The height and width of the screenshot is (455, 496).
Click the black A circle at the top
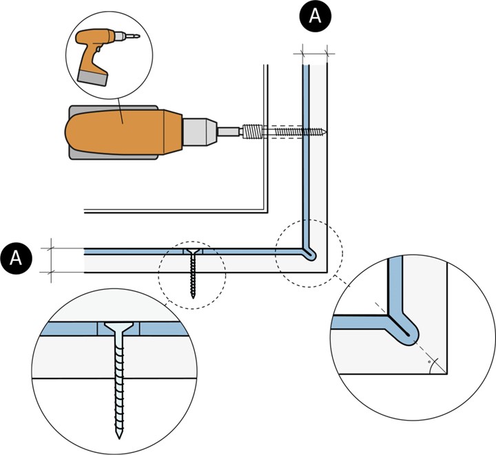(x=315, y=16)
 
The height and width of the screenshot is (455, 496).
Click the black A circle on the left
(x=17, y=258)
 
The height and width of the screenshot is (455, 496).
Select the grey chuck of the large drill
(x=200, y=131)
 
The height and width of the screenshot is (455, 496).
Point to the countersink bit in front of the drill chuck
(x=252, y=131)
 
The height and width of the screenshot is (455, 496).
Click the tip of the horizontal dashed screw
(x=325, y=131)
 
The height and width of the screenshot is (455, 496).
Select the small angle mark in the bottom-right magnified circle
(x=430, y=359)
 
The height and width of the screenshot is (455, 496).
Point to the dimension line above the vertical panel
(x=314, y=50)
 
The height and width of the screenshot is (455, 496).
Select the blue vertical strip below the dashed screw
(x=304, y=186)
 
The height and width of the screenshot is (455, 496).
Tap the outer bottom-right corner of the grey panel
(x=327, y=273)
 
